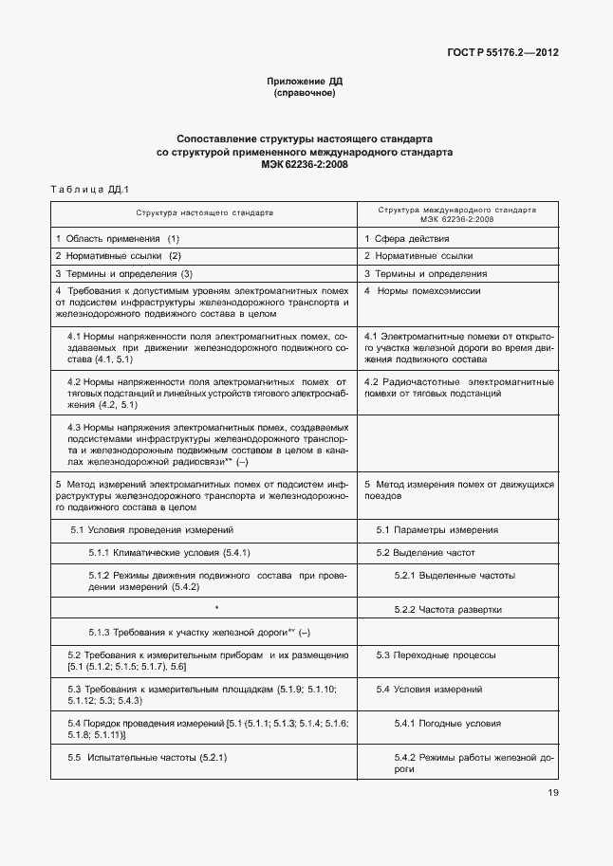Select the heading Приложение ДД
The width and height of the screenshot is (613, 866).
305,83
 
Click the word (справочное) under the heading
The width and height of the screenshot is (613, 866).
305,94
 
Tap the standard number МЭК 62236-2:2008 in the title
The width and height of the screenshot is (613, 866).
305,164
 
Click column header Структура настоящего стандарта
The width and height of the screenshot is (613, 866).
204,213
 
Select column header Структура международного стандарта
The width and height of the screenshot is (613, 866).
456,213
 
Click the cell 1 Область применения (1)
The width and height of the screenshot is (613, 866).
118,238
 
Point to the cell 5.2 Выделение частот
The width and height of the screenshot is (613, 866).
425,552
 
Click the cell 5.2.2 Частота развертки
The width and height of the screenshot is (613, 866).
448,609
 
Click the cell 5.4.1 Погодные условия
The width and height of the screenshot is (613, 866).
447,723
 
